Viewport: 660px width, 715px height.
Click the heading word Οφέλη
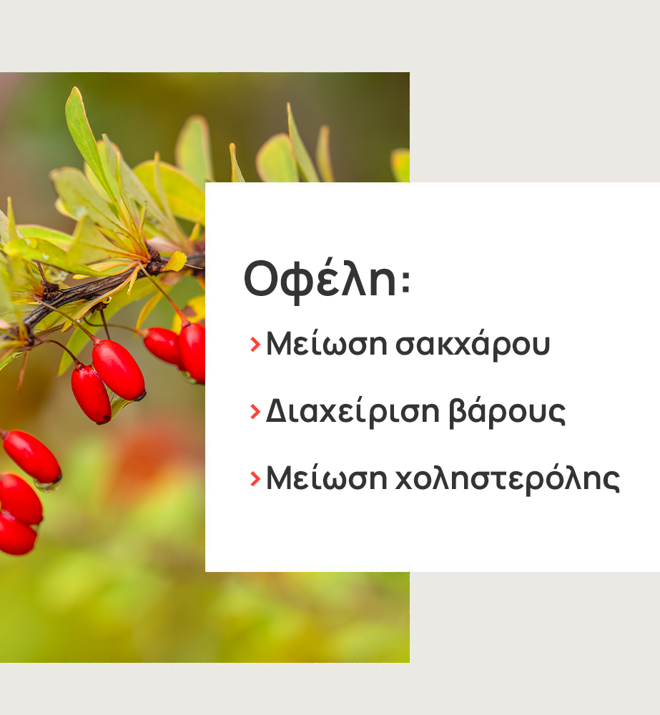320,279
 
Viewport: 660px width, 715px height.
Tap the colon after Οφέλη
405,280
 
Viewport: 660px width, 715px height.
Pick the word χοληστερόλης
507,478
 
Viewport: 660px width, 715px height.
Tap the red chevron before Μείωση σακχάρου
255,345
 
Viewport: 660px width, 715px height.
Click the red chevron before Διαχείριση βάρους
255,412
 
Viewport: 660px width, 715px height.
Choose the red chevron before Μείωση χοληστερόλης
255,479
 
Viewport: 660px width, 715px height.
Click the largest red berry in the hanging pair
119,370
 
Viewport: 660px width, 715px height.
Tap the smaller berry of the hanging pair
91,395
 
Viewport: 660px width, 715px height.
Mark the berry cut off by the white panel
192,352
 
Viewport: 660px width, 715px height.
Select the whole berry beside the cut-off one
163,345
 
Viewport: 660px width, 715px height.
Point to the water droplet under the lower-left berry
47,485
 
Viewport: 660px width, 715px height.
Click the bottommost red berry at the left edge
17,533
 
